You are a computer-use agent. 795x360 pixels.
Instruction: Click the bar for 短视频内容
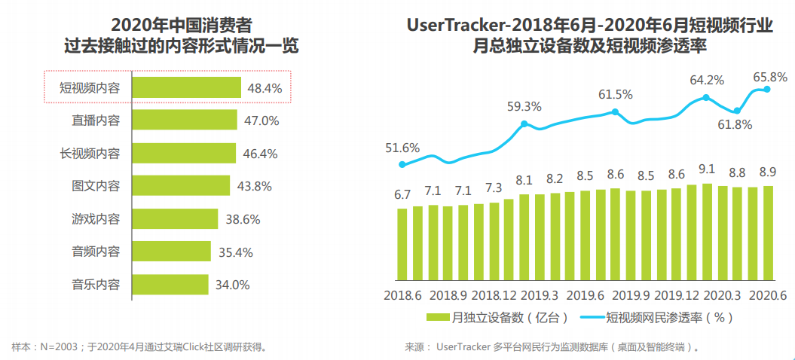[186, 88]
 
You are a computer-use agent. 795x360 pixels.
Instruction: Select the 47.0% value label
[260, 121]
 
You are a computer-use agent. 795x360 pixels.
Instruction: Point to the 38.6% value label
[244, 219]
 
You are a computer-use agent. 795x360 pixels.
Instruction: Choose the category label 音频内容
[96, 252]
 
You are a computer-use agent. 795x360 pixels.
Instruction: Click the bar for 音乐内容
[170, 285]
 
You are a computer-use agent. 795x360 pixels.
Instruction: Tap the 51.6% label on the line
[402, 148]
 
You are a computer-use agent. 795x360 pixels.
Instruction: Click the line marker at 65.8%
[768, 89]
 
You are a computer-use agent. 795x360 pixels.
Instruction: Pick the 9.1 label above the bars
[707, 169]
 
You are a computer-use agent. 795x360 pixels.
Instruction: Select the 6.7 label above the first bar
[402, 194]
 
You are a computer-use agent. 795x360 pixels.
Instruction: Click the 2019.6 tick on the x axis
[584, 295]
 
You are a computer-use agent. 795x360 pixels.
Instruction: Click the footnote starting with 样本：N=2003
[140, 347]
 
